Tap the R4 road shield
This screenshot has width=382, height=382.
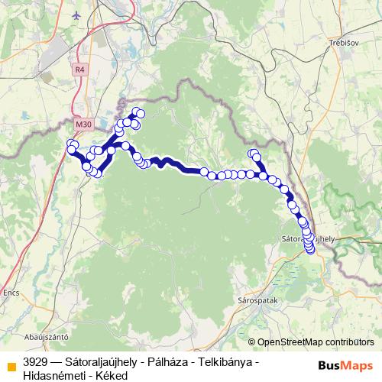click(80, 70)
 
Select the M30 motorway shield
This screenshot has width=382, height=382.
click(83, 123)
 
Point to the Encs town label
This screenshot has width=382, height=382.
click(11, 292)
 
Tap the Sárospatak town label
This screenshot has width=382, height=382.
click(257, 300)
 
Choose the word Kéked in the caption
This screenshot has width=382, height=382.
click(111, 375)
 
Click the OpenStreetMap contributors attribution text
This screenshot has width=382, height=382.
click(314, 342)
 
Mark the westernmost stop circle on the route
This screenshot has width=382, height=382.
click(70, 145)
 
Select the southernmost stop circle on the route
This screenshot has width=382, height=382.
click(310, 249)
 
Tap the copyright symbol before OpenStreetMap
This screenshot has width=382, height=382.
click(251, 342)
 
